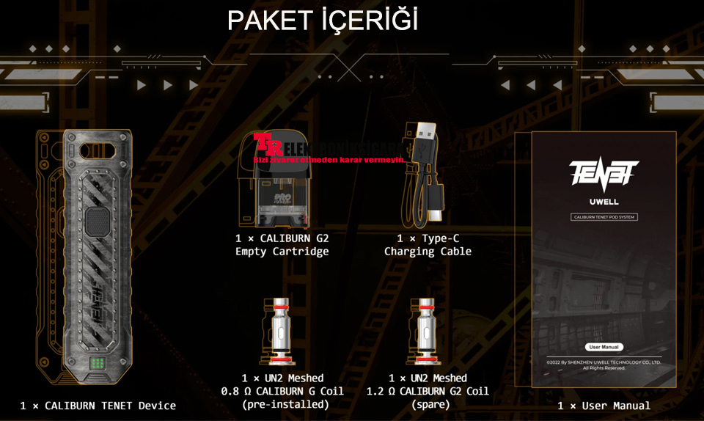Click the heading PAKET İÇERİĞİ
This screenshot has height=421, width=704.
pos(323,21)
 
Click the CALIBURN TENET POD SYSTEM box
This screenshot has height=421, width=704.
pos(604,217)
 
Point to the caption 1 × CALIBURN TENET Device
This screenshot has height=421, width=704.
pos(98,406)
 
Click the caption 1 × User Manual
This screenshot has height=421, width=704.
pos(604,406)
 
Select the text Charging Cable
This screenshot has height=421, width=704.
pos(428,252)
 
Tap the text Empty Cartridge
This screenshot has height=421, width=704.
pos(282,252)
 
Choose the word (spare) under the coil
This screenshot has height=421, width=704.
pos(427,404)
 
